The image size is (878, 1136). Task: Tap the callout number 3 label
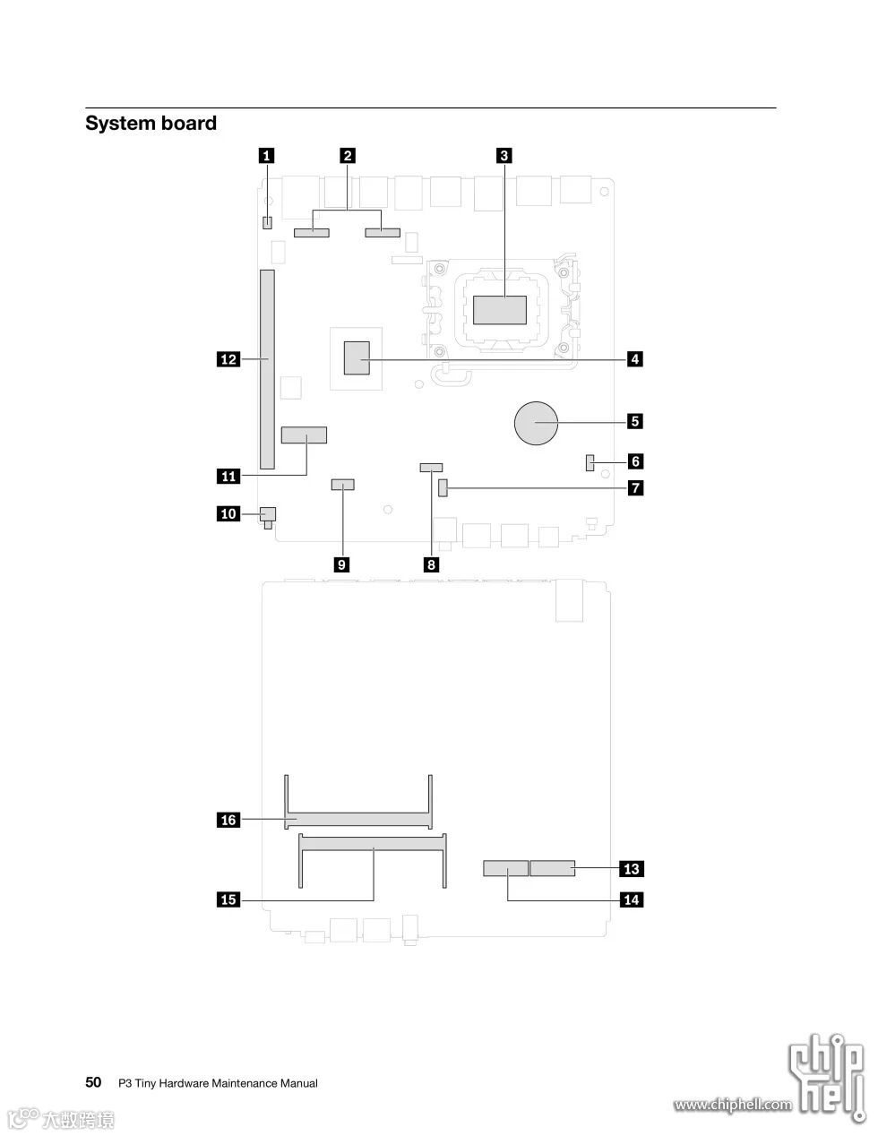(504, 155)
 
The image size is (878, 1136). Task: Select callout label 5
(634, 419)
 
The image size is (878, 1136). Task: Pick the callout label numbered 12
(228, 359)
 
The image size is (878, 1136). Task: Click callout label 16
(228, 819)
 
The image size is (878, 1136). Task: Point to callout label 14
(632, 899)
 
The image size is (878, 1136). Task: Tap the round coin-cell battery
(537, 422)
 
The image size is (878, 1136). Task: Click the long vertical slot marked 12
(267, 369)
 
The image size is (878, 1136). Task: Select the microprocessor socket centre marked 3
(500, 309)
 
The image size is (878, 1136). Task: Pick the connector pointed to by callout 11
(304, 436)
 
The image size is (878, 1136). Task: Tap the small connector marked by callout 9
(342, 485)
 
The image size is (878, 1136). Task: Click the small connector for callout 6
(590, 463)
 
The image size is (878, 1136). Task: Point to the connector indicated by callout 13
(552, 868)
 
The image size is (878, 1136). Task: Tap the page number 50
(93, 1082)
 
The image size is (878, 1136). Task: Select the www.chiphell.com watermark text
(733, 1105)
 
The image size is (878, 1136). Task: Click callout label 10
(228, 513)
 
